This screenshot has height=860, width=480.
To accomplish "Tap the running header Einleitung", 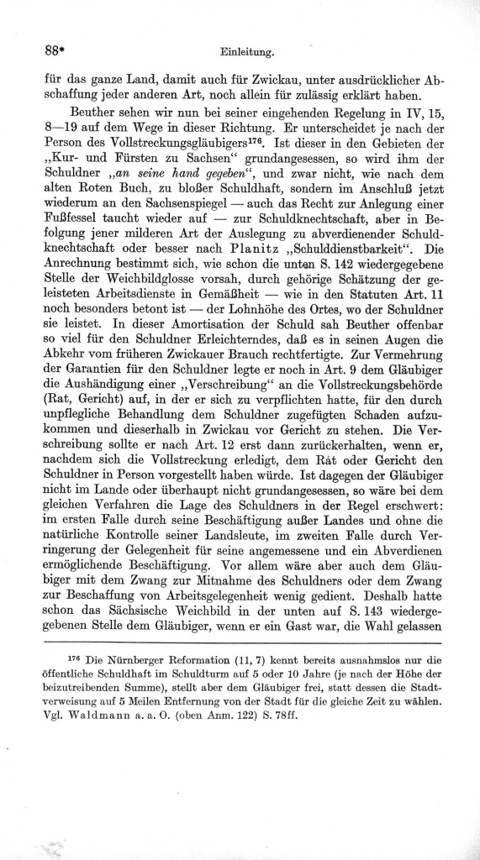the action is point(249,51).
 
